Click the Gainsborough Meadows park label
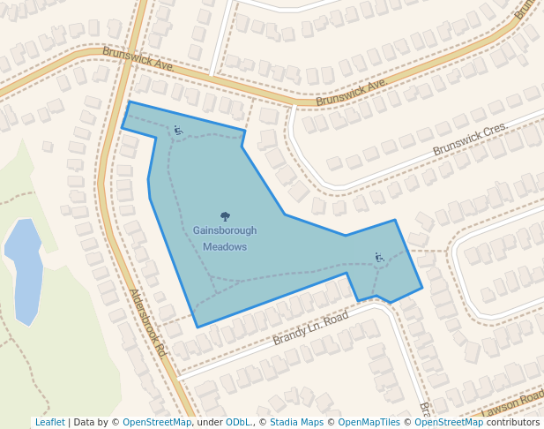[x=225, y=238]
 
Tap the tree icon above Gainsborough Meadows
[x=225, y=215]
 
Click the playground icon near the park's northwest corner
[x=178, y=131]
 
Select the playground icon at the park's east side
[x=379, y=258]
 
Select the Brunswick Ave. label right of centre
[x=352, y=92]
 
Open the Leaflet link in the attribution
[x=49, y=423]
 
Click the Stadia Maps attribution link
[x=296, y=423]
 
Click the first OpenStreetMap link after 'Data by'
[x=157, y=423]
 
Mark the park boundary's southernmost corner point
[x=197, y=327]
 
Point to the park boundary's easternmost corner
[x=422, y=288]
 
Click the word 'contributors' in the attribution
[x=513, y=423]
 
